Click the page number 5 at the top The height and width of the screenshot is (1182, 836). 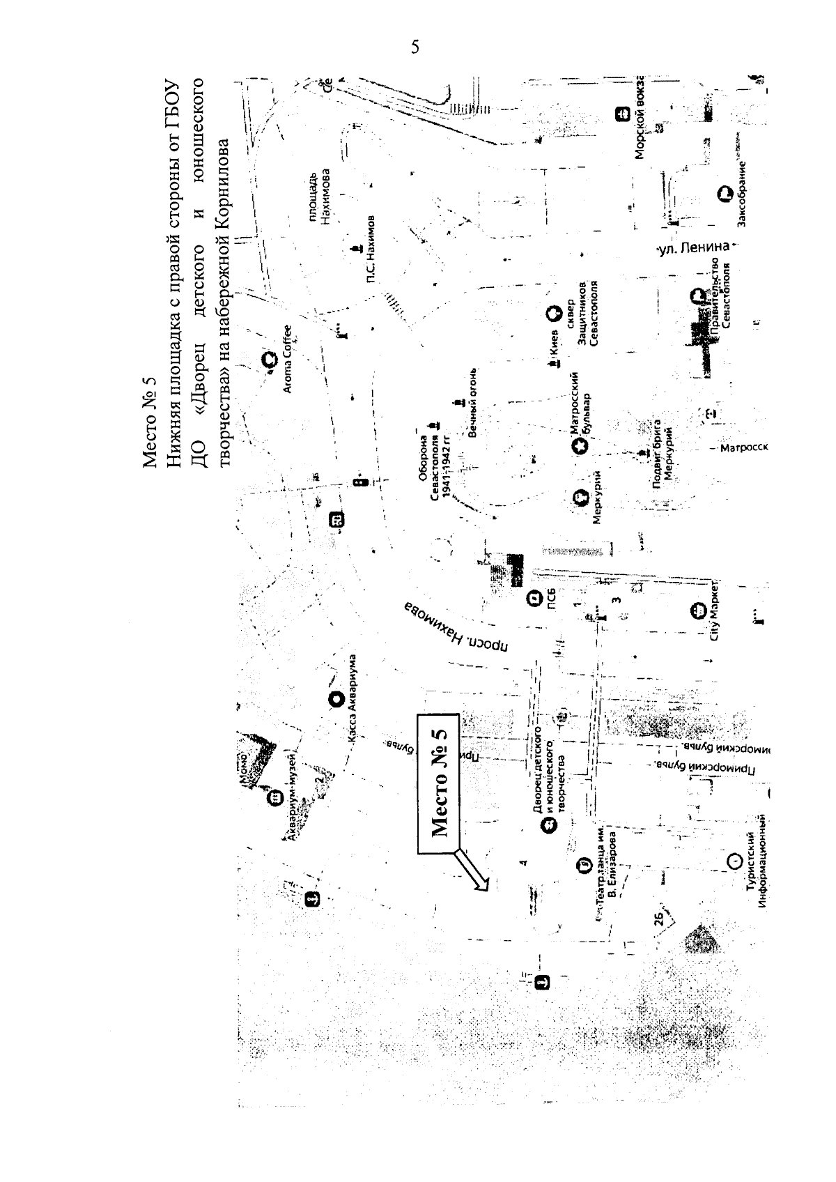[x=415, y=47]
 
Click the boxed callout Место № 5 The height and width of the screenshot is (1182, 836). [x=438, y=783]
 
